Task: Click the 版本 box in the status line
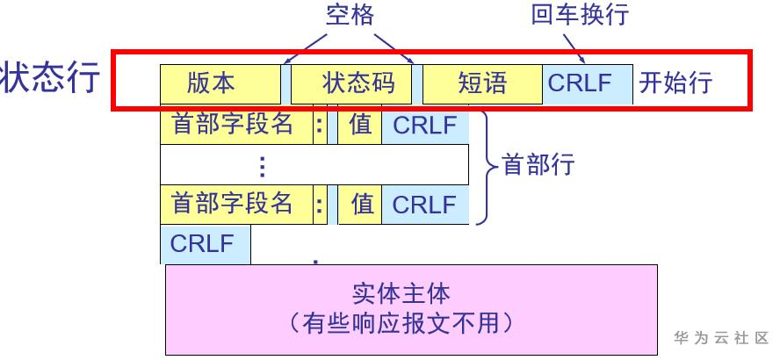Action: point(220,84)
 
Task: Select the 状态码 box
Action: point(351,84)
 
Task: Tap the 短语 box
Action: point(482,84)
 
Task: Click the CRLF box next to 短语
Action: point(588,84)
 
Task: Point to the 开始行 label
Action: point(675,83)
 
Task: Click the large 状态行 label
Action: point(50,77)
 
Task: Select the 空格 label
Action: point(350,16)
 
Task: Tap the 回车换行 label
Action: point(580,15)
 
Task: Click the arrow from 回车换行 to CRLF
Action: point(574,49)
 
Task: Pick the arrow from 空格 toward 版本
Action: point(305,48)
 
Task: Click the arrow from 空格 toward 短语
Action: point(394,48)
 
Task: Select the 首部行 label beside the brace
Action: point(538,164)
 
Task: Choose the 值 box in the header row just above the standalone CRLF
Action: point(359,205)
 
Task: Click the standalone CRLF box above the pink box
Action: point(205,244)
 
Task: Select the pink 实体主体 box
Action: point(411,310)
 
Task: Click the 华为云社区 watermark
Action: point(722,338)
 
